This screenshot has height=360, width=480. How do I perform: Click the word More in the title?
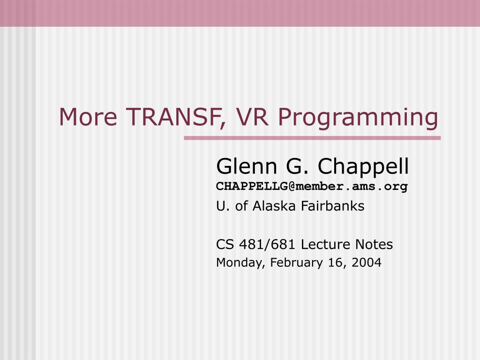tap(88, 117)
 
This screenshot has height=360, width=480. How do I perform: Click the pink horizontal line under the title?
tap(312, 138)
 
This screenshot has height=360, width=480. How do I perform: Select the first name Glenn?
tap(247, 166)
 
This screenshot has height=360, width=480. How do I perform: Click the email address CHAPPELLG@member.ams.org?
tap(312, 187)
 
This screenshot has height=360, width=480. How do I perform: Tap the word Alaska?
tap(274, 206)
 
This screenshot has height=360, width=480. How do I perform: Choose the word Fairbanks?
tap(333, 206)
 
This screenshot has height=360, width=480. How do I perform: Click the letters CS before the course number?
tap(225, 245)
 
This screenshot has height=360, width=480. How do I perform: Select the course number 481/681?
tap(267, 245)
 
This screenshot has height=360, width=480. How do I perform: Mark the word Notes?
tap(374, 245)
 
